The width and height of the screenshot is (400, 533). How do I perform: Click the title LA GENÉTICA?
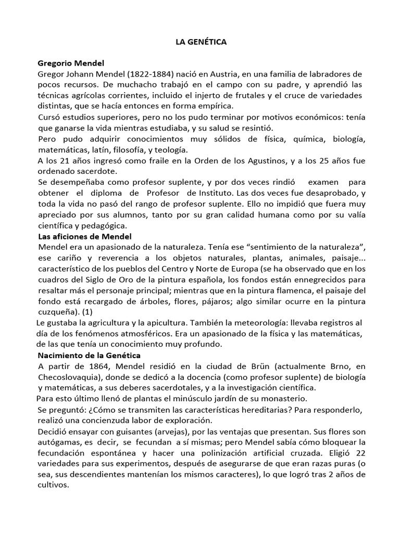(x=200, y=43)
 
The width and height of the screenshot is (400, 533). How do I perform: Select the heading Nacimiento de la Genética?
(x=89, y=355)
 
